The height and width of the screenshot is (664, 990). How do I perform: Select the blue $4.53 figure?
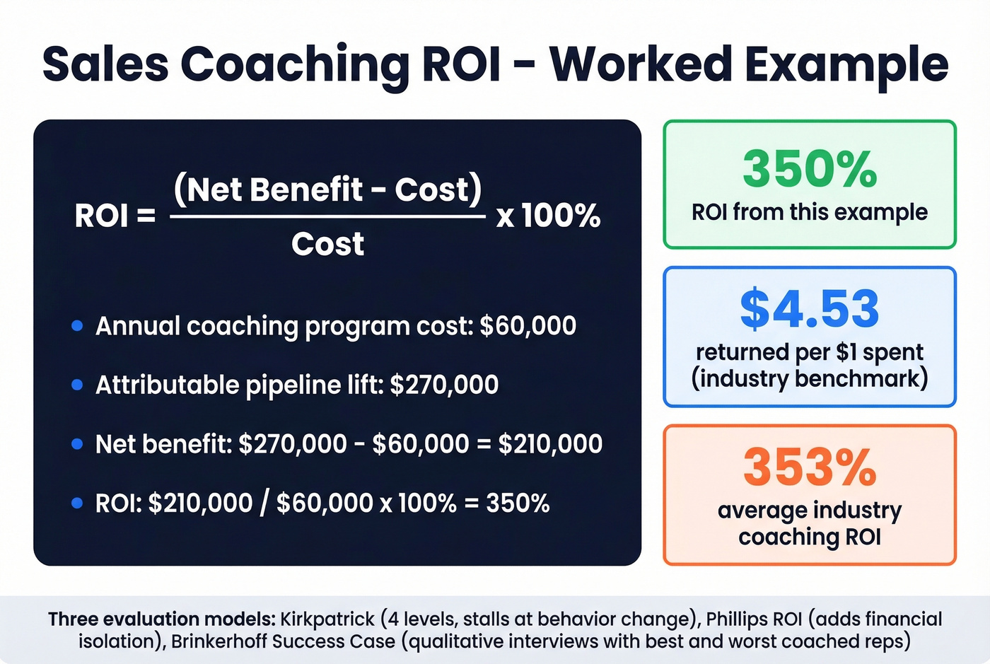810,308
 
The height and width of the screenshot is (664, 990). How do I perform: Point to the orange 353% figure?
810,467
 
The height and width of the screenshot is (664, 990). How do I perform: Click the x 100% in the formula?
548,215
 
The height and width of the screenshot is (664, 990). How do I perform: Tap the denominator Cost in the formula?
327,244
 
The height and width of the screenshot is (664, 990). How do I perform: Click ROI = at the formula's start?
115,216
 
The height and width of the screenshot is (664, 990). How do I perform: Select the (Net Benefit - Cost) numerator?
327,189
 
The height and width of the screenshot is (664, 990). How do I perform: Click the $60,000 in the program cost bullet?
528,326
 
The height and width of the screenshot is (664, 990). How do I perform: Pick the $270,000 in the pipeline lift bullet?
444,385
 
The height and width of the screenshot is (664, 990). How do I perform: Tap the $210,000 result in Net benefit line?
550,444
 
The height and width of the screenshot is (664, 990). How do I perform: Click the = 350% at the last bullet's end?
507,503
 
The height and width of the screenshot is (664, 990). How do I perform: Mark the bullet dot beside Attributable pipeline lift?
78,385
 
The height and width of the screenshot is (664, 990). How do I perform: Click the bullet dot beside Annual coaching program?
78,326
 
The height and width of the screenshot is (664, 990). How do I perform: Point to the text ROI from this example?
810,212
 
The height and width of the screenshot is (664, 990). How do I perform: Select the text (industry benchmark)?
810,378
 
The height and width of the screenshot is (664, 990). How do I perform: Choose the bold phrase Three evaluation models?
161,619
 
